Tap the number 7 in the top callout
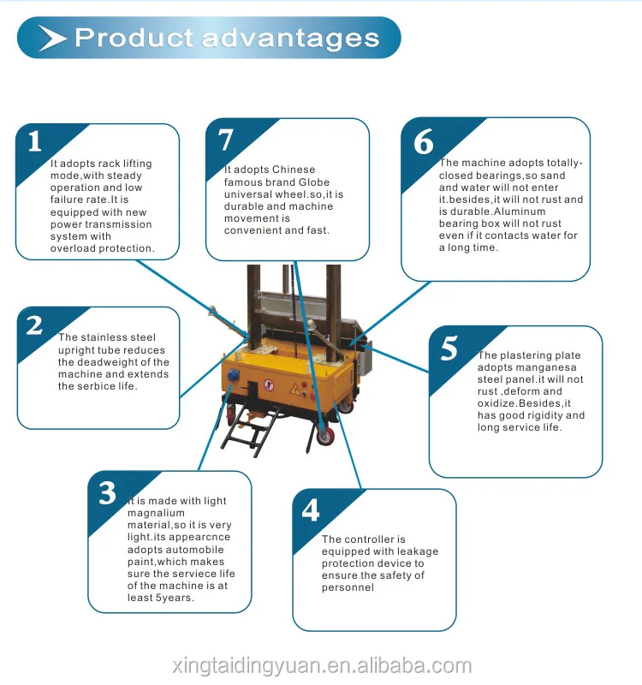click(225, 139)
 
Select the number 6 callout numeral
click(424, 142)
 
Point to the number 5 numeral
click(449, 349)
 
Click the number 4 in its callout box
click(310, 510)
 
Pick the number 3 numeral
click(107, 493)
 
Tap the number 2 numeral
click(34, 325)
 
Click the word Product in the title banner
click(134, 39)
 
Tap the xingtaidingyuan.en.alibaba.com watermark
click(320, 664)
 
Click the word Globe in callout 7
click(312, 182)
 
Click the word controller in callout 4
click(369, 539)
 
